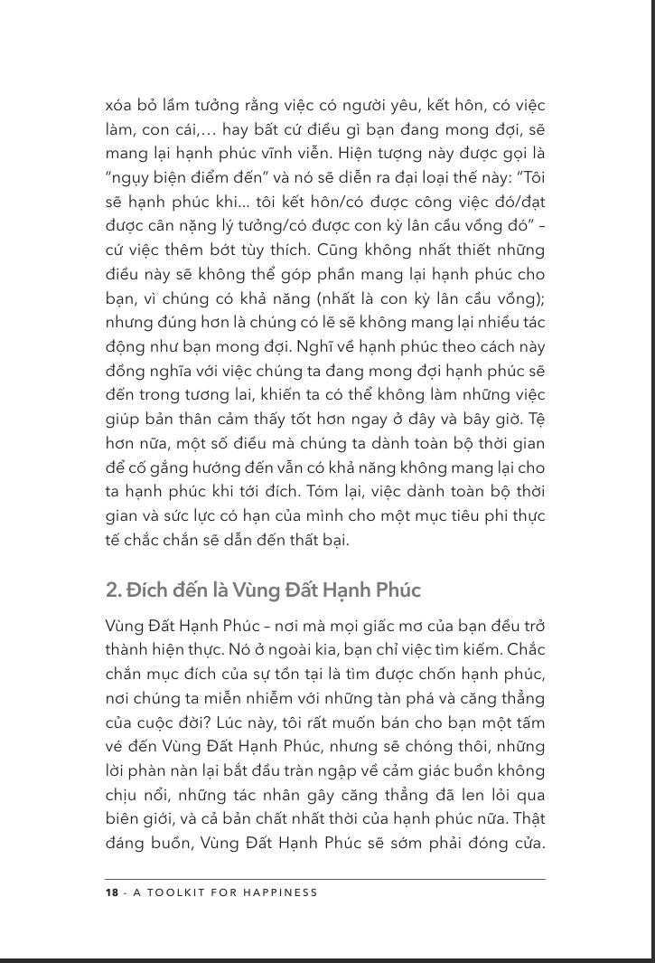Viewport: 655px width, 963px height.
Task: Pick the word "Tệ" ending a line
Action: coord(536,419)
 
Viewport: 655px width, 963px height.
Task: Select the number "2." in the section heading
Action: coord(114,590)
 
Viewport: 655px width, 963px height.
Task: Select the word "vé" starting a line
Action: coord(114,748)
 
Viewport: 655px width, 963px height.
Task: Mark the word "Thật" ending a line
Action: coord(529,820)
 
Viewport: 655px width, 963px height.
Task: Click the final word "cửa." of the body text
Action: coord(526,845)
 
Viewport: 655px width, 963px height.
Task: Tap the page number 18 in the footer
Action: coord(112,892)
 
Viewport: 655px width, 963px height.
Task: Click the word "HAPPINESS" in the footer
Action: coord(282,892)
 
